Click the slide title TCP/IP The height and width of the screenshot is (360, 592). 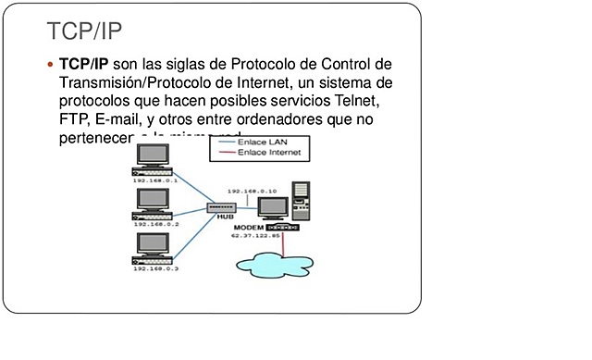click(x=84, y=31)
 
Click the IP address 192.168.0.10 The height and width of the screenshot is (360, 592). click(x=253, y=191)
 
